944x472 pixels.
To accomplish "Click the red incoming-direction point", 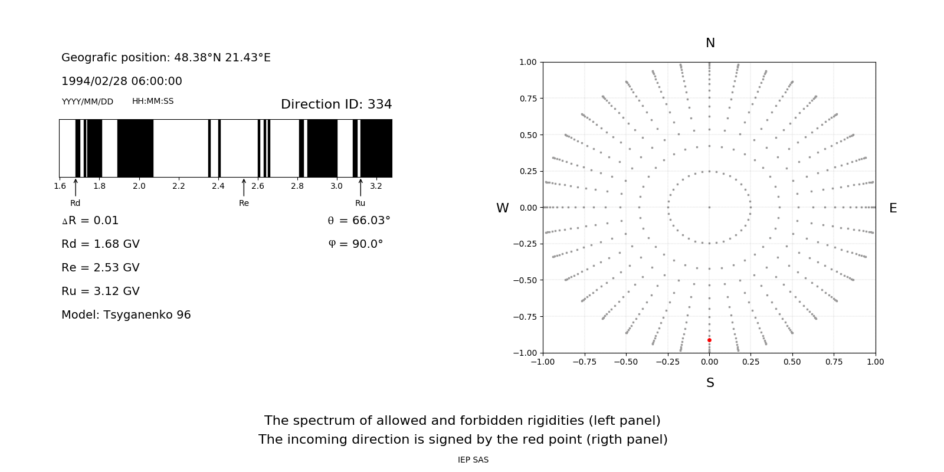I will click(709, 340).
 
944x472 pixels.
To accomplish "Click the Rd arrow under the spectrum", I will click(76, 188).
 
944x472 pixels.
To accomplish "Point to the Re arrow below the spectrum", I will click(244, 188).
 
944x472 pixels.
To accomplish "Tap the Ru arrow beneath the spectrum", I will click(360, 188).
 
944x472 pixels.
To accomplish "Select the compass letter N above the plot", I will click(710, 43).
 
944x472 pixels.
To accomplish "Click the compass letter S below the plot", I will click(710, 383).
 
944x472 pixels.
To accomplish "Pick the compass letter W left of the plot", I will click(502, 208).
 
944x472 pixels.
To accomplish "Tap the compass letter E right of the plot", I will click(893, 208).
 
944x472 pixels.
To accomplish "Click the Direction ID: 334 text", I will click(336, 104).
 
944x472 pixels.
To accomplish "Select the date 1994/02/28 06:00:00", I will click(122, 81).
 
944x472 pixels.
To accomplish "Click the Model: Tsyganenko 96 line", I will click(126, 315).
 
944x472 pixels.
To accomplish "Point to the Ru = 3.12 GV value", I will click(100, 291).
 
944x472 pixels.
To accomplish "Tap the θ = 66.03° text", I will click(359, 221).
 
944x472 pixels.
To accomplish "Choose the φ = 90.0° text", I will click(355, 244).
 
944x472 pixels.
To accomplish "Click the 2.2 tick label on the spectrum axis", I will click(178, 186).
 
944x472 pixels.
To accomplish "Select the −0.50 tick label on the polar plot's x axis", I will click(626, 362).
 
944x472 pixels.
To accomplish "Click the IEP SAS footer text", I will click(473, 460).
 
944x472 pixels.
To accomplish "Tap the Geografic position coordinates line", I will click(166, 58).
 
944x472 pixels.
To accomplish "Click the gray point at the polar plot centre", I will click(709, 207).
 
